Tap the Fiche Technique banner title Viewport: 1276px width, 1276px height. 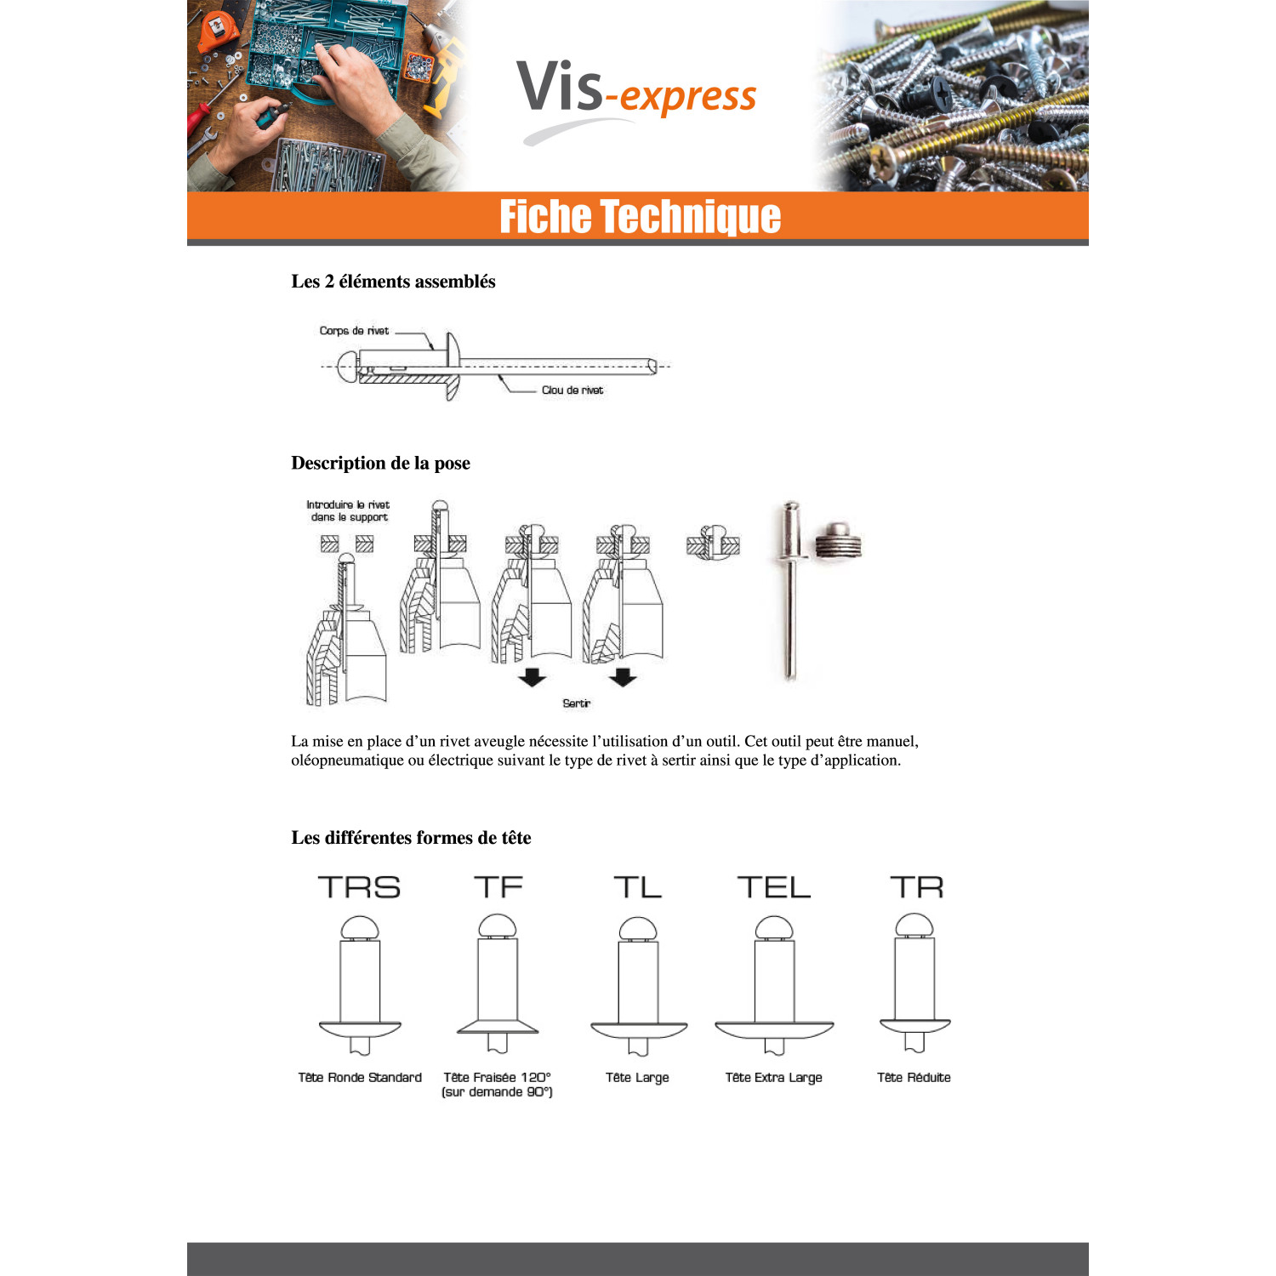coord(640,216)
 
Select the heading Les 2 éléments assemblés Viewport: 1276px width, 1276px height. coord(393,282)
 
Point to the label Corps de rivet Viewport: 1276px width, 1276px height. coord(354,331)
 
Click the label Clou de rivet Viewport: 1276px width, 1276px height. coord(572,390)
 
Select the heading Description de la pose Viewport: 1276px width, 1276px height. coord(380,463)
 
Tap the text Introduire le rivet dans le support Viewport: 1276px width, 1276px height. coord(348,510)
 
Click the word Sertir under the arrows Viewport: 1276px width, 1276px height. coord(576,704)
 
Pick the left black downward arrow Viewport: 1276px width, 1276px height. coord(533,677)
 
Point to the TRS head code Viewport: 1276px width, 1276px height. coord(359,887)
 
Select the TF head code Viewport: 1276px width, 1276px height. coord(498,887)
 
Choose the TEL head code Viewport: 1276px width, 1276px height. coord(774,887)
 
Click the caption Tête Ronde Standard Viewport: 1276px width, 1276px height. coord(360,1077)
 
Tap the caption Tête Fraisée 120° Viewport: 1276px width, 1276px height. coord(498,1077)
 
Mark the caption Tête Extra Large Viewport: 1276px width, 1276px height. coord(774,1077)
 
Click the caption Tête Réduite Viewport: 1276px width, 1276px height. coord(914,1077)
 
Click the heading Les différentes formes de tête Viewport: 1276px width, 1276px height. coord(411,838)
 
